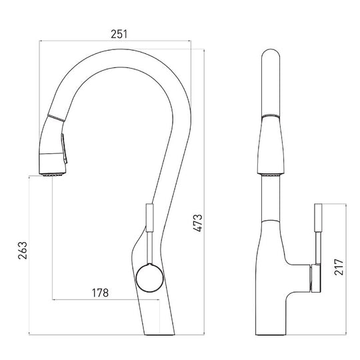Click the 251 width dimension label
[x=119, y=34]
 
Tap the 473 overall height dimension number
[x=198, y=223]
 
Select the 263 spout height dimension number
[x=23, y=250]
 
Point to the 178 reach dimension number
[x=100, y=293]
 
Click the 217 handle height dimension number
[x=339, y=267]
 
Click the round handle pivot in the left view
[x=150, y=278]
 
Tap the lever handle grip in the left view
[x=149, y=217]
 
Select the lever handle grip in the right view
[x=318, y=218]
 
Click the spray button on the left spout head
[x=64, y=149]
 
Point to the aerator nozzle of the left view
[x=53, y=175]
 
